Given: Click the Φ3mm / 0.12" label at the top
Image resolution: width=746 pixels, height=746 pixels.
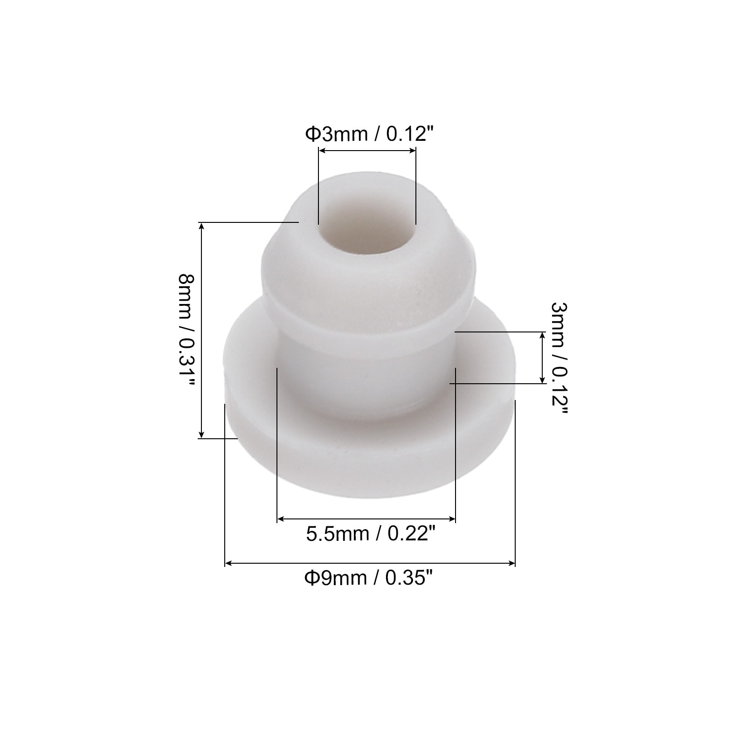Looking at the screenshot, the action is pyautogui.click(x=366, y=134).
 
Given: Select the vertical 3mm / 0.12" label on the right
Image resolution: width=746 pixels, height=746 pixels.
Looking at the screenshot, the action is pyautogui.click(x=559, y=358).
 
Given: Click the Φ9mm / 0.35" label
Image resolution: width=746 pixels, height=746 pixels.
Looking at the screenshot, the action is pyautogui.click(x=366, y=578).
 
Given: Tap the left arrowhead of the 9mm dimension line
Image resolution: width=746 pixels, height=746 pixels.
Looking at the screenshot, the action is pyautogui.click(x=228, y=564).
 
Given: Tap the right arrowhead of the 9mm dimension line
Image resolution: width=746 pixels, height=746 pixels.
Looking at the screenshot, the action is pyautogui.click(x=511, y=564).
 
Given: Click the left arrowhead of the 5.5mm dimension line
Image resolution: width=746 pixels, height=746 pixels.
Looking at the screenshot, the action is pyautogui.click(x=281, y=518).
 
